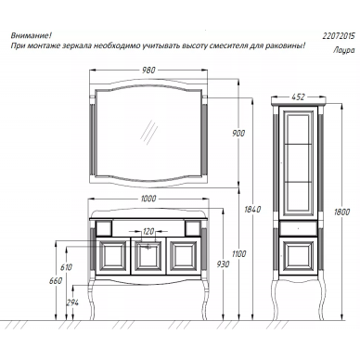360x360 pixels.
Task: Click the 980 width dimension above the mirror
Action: point(148,71)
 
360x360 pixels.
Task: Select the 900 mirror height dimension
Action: point(238,134)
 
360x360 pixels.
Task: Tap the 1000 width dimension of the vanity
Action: point(148,199)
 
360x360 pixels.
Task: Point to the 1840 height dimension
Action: point(252,210)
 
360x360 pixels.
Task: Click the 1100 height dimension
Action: point(238,254)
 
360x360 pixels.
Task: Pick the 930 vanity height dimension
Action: point(224,264)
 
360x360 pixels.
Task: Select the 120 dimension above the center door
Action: point(148,231)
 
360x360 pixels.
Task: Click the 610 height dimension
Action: point(66,267)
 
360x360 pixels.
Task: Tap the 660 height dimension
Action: point(56,281)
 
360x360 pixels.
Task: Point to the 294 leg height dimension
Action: point(72,302)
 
